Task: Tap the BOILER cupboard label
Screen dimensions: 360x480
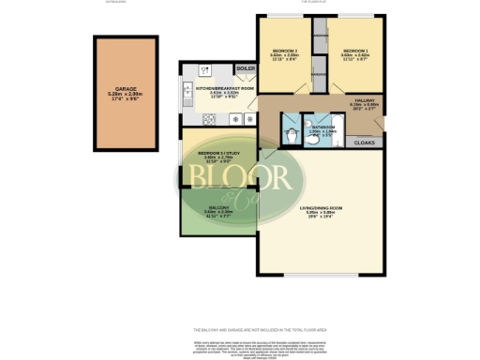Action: [x=246, y=69]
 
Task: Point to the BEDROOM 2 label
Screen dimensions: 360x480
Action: [x=285, y=50]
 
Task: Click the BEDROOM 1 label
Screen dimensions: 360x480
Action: [x=354, y=50]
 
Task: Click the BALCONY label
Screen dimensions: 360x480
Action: [x=217, y=208]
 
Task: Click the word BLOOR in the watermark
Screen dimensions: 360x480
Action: [x=242, y=176]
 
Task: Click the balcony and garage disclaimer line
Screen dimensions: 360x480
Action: [x=239, y=330]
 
